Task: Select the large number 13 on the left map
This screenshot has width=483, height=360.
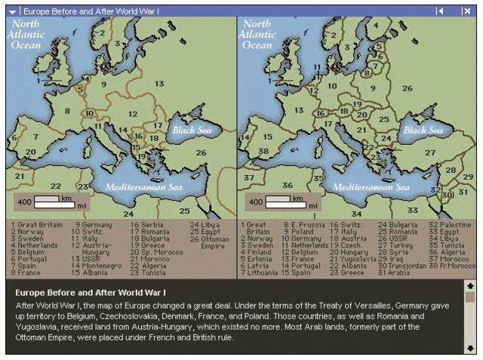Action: pos(159,84)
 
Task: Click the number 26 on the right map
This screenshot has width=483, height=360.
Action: pos(407,88)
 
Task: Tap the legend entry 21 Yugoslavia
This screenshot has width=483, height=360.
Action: pos(353,259)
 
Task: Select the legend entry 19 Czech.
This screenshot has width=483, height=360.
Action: pos(346,245)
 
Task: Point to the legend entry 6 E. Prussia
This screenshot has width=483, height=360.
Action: pos(306,225)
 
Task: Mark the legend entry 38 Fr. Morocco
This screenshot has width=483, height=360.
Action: pos(452,266)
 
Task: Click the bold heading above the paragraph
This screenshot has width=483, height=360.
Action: pos(90,291)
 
